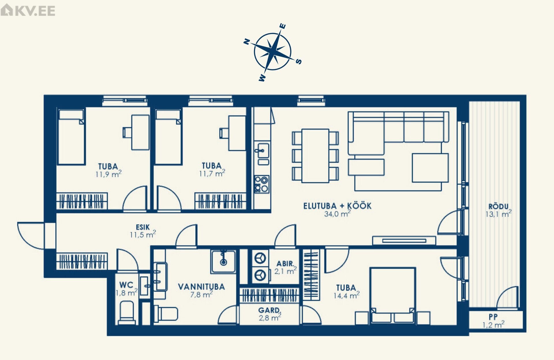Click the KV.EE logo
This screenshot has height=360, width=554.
click(x=28, y=10)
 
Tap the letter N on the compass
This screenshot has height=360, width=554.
click(x=247, y=42)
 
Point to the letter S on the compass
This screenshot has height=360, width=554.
click(x=299, y=61)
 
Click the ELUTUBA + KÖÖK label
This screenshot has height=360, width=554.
click(x=337, y=206)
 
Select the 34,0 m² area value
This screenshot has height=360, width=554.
click(x=337, y=214)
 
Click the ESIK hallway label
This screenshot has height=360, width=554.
click(x=143, y=227)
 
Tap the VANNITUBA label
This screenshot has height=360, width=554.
click(x=201, y=287)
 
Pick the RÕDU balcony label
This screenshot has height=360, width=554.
click(x=498, y=206)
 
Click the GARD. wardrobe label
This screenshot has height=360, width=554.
click(x=269, y=310)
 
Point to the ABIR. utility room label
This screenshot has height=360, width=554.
click(x=285, y=264)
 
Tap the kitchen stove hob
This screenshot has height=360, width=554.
click(x=261, y=184)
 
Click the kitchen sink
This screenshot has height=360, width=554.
click(x=263, y=150)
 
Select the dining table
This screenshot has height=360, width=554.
click(x=315, y=156)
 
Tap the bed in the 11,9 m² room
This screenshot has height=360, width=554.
click(x=71, y=137)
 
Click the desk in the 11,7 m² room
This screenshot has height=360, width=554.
click(x=237, y=133)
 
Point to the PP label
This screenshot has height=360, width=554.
click(x=493, y=316)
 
